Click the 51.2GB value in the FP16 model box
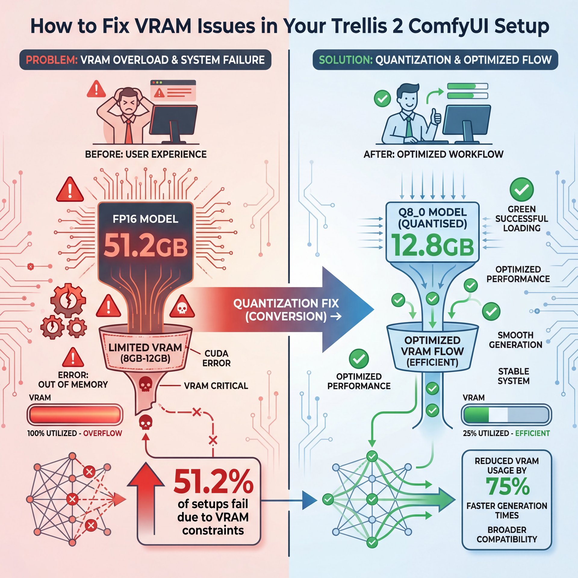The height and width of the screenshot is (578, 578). click(x=146, y=246)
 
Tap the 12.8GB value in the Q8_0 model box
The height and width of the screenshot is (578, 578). click(x=432, y=246)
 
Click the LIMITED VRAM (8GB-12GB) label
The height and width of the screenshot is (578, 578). click(x=145, y=353)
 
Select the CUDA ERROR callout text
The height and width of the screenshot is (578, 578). click(x=216, y=358)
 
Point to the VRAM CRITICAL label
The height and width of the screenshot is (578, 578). click(x=216, y=386)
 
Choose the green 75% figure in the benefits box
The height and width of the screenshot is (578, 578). click(x=507, y=487)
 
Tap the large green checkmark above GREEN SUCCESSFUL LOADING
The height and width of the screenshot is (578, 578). click(x=521, y=189)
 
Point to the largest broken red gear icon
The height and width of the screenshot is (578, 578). click(x=68, y=300)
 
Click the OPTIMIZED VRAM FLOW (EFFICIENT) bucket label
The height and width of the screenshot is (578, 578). click(x=432, y=351)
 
